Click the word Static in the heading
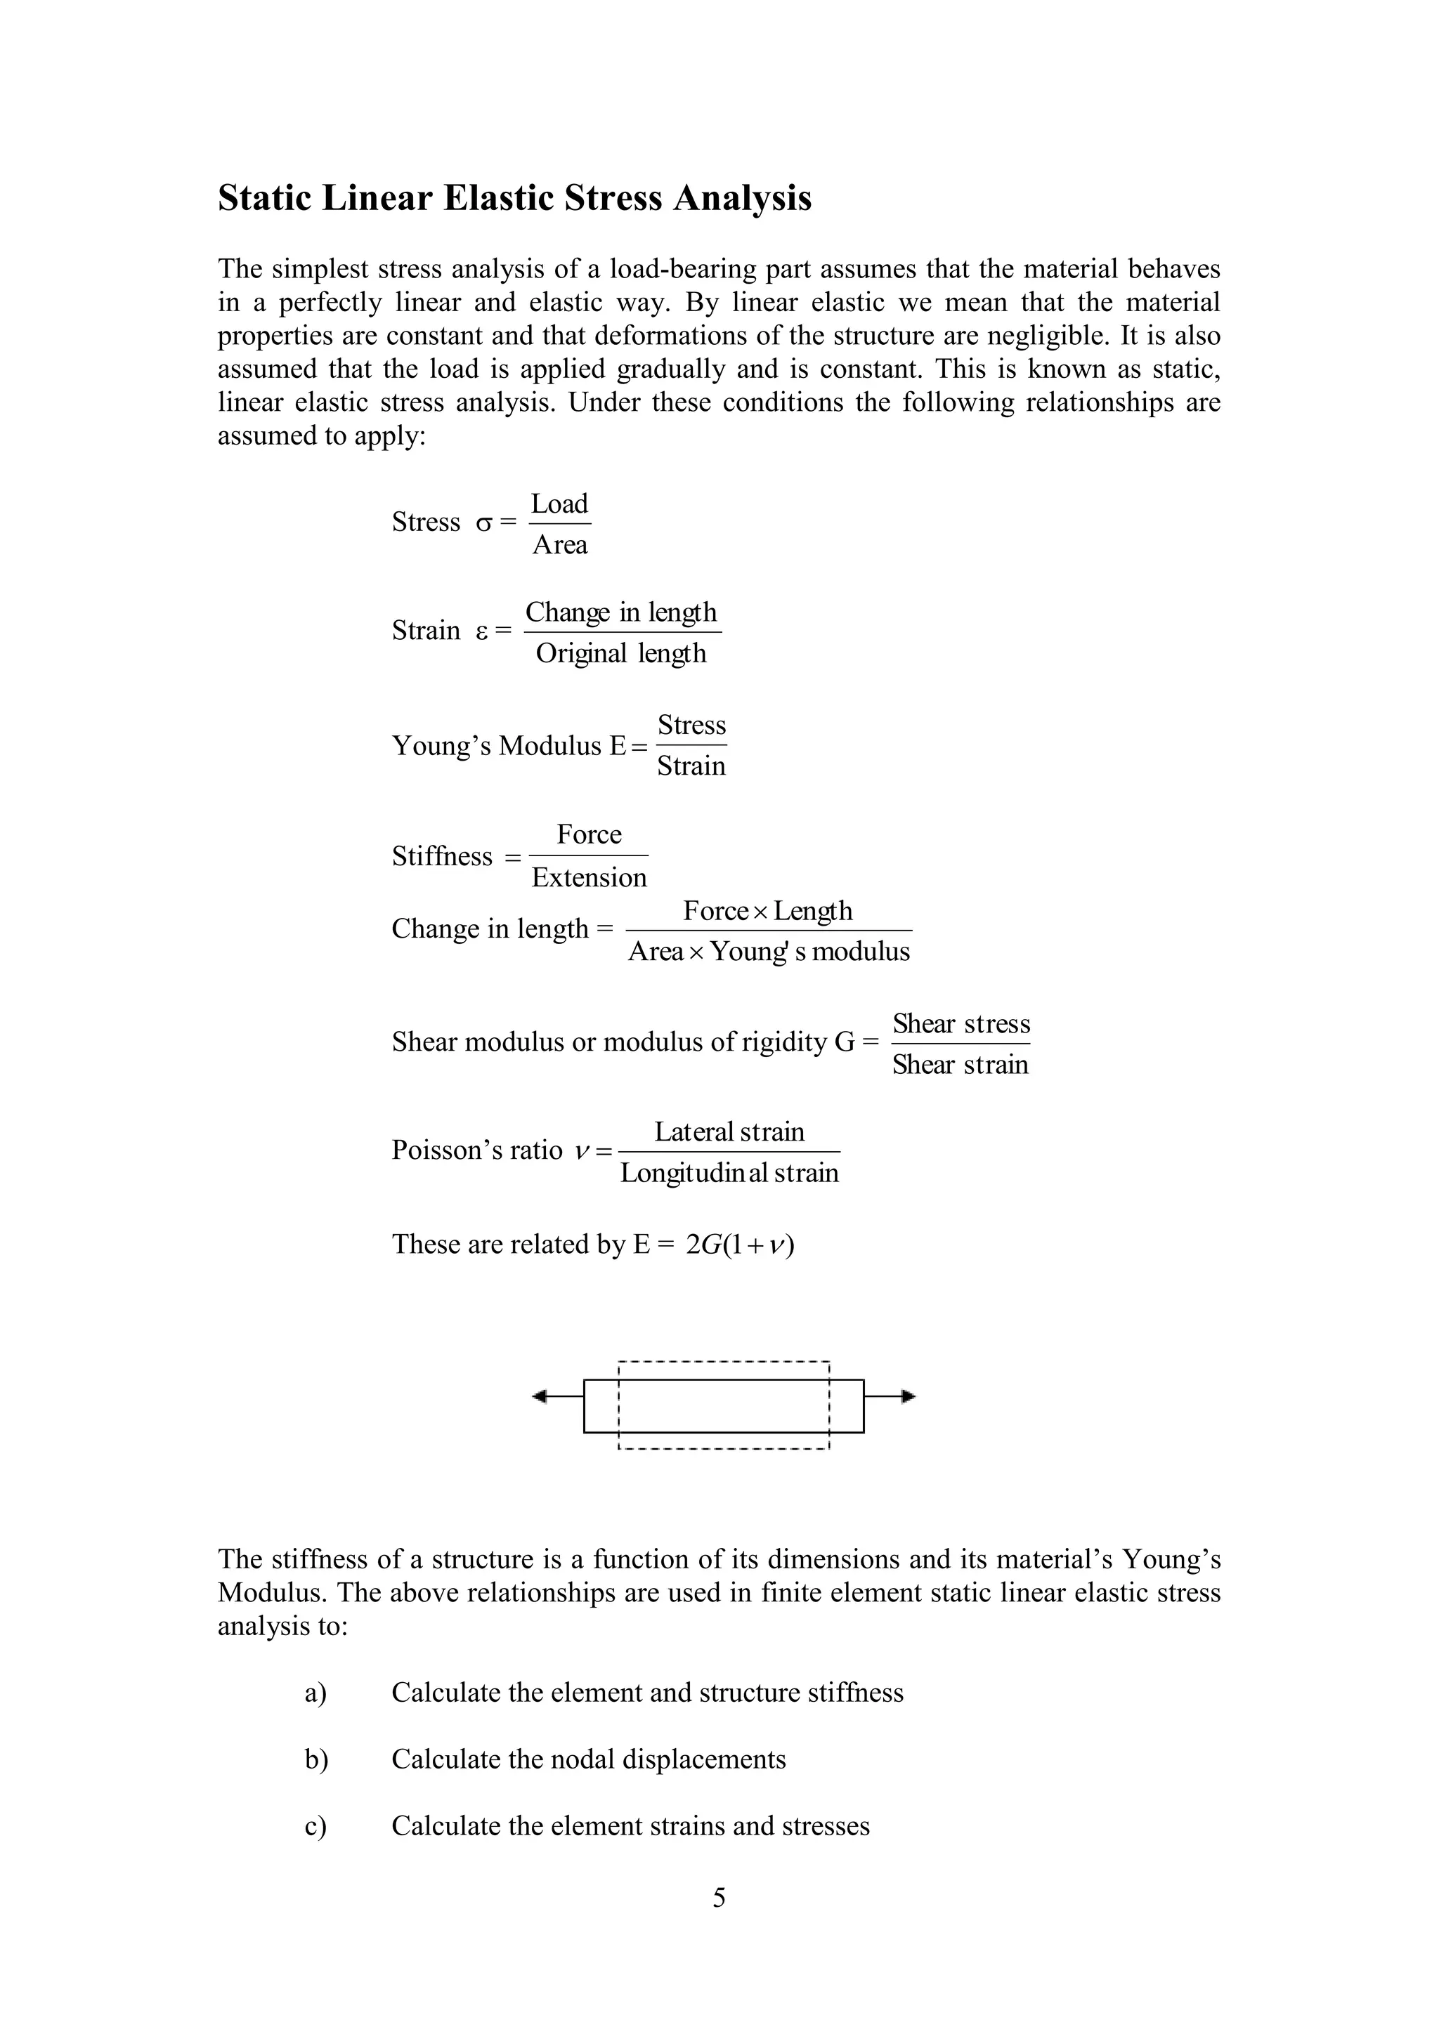point(264,197)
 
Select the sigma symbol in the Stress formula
point(483,523)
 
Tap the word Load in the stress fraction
point(559,504)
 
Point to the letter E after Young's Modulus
point(618,746)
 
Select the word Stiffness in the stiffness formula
point(442,857)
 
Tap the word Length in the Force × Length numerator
point(812,911)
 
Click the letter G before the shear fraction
point(845,1042)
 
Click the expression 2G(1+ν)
point(740,1245)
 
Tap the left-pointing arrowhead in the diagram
point(540,1397)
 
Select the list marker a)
point(315,1693)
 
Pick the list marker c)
point(315,1826)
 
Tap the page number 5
point(719,1898)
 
